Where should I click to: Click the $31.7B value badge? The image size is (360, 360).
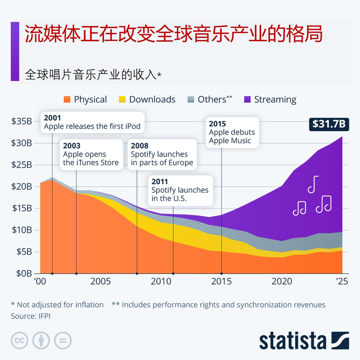tap(329, 124)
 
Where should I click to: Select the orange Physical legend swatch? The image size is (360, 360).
tap(67, 100)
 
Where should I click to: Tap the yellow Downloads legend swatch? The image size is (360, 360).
tap(122, 100)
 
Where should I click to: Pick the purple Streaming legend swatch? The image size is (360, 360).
tap(247, 100)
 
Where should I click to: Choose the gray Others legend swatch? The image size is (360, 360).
tap(191, 100)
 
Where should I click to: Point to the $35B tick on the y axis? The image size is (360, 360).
tap(22, 121)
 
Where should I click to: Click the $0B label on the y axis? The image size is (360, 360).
tap(24, 273)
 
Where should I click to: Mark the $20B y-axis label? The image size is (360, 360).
tap(22, 186)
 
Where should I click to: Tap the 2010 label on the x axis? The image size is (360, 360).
tap(161, 282)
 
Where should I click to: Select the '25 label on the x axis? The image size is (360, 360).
tap(342, 282)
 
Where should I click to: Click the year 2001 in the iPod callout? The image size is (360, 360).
tap(52, 118)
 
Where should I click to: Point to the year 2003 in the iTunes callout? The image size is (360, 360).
tap(72, 146)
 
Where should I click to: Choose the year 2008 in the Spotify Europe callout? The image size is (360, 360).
tap(139, 146)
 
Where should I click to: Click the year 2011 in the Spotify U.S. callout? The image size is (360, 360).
tap(159, 182)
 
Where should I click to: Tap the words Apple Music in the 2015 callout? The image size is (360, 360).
tap(230, 141)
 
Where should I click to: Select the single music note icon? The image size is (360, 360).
tap(313, 184)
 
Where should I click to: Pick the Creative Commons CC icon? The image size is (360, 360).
tap(19, 341)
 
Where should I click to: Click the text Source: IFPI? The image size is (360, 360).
tap(31, 316)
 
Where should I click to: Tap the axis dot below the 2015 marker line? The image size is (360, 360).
tap(222, 273)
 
